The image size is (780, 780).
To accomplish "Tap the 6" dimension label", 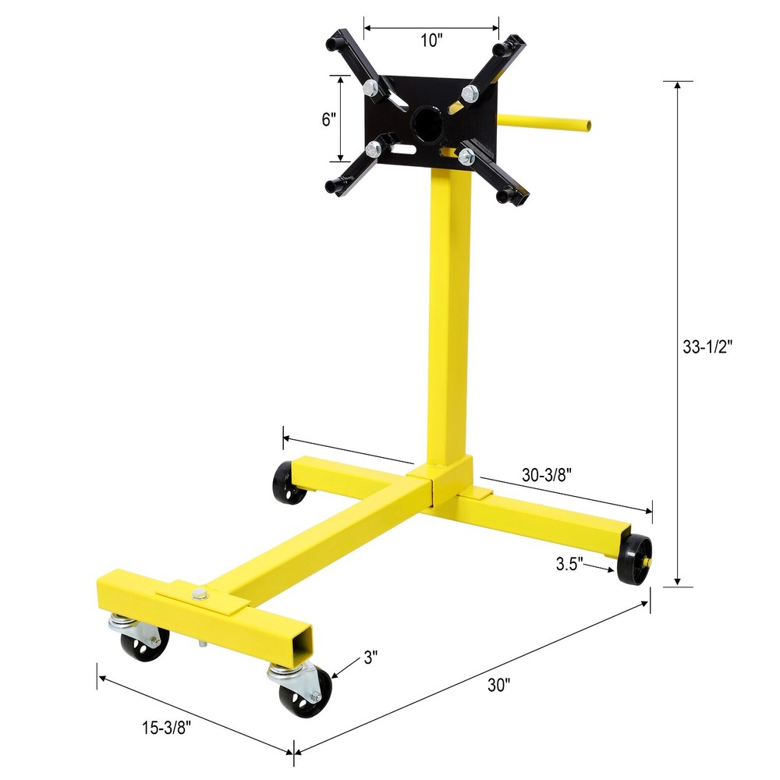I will (328, 119).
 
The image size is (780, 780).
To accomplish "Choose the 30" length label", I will (498, 686).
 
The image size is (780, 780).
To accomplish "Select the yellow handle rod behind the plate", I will (546, 122).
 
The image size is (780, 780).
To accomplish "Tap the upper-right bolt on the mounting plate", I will (469, 94).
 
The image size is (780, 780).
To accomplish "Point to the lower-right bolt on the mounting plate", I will (466, 157).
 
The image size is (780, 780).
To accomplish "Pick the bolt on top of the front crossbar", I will (200, 594).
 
